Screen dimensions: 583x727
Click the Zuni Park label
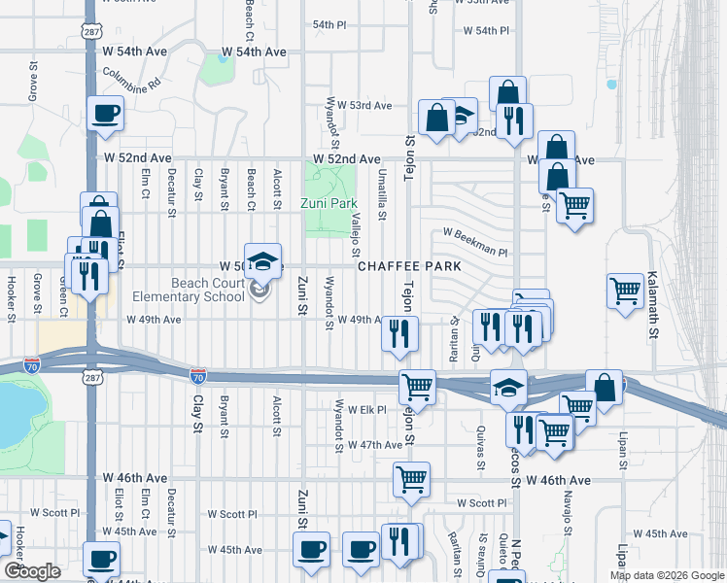[x=330, y=204]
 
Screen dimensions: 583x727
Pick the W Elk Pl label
[x=367, y=410]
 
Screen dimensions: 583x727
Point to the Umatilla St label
[x=383, y=193]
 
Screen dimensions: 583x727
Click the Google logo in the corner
[x=32, y=571]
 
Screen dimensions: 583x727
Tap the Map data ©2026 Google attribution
[x=667, y=575]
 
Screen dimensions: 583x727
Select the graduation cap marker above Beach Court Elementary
[x=262, y=260]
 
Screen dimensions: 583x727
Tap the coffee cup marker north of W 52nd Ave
[x=106, y=114]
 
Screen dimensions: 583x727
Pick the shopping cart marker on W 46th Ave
[x=411, y=479]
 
